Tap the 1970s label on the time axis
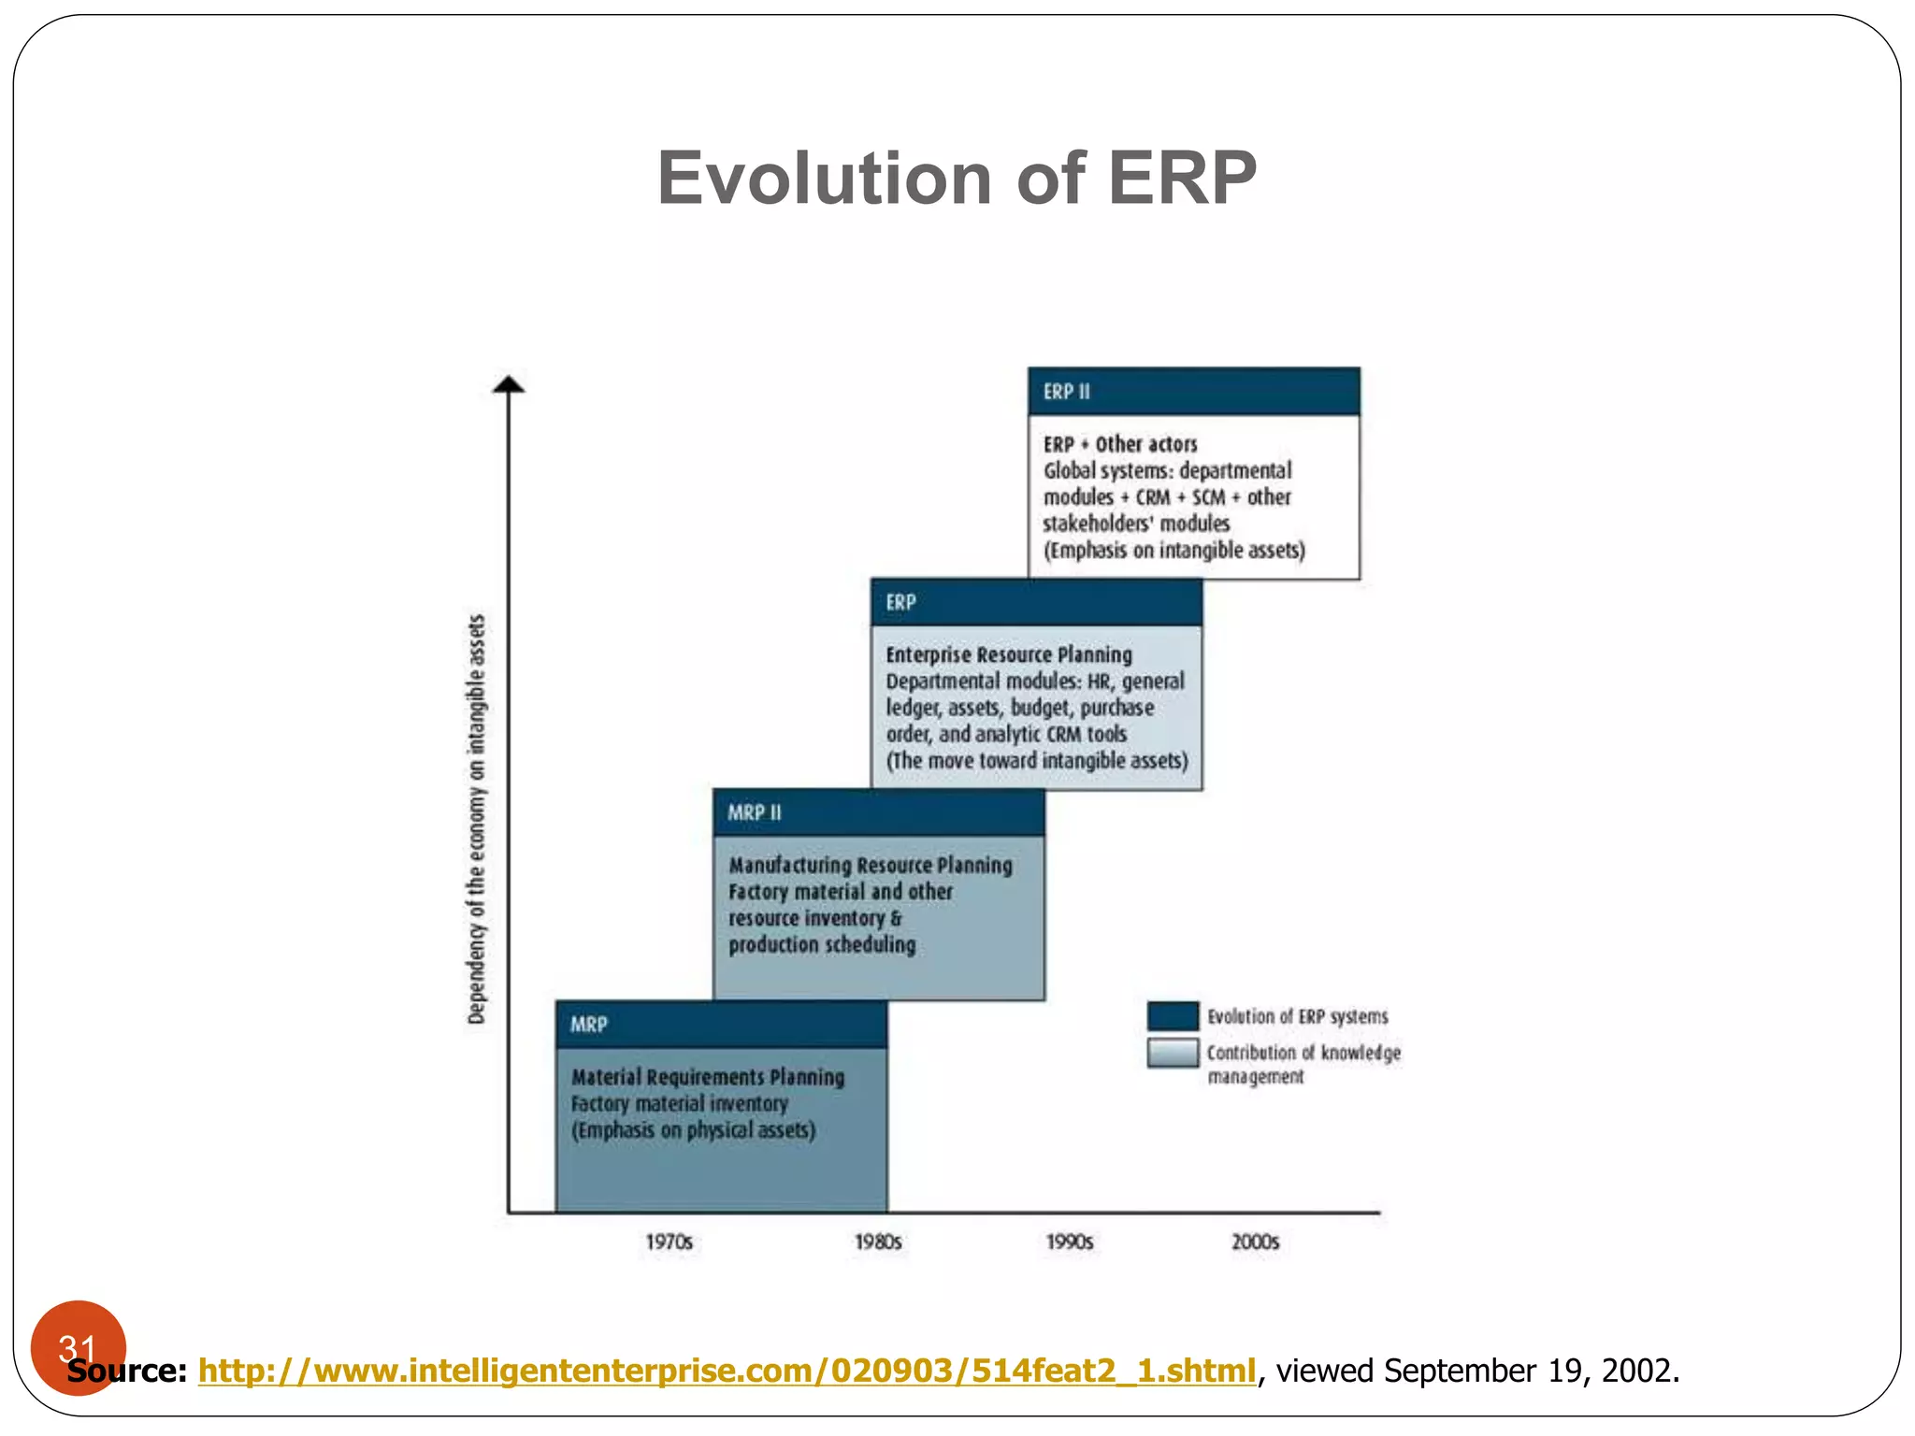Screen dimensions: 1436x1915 (x=669, y=1242)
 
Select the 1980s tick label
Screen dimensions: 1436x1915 (x=878, y=1242)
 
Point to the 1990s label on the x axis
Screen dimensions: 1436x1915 (x=1069, y=1242)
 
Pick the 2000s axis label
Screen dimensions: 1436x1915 (x=1255, y=1242)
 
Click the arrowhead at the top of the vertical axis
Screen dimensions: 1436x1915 (x=509, y=384)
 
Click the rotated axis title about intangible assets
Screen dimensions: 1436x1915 (x=477, y=819)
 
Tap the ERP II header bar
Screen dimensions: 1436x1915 (x=1193, y=392)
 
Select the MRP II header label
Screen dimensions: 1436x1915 (x=755, y=812)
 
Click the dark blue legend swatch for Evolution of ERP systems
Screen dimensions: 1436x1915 (x=1173, y=1016)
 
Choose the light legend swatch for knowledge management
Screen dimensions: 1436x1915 (x=1173, y=1053)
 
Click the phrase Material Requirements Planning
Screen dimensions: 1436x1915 (x=707, y=1077)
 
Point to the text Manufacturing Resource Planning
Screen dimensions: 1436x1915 (x=870, y=866)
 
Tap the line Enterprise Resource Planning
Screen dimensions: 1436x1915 (x=1008, y=654)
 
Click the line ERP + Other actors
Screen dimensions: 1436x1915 (x=1120, y=444)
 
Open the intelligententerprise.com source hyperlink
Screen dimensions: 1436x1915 (x=727, y=1371)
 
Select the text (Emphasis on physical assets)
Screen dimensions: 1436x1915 (x=693, y=1130)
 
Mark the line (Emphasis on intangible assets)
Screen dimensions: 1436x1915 (x=1173, y=550)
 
